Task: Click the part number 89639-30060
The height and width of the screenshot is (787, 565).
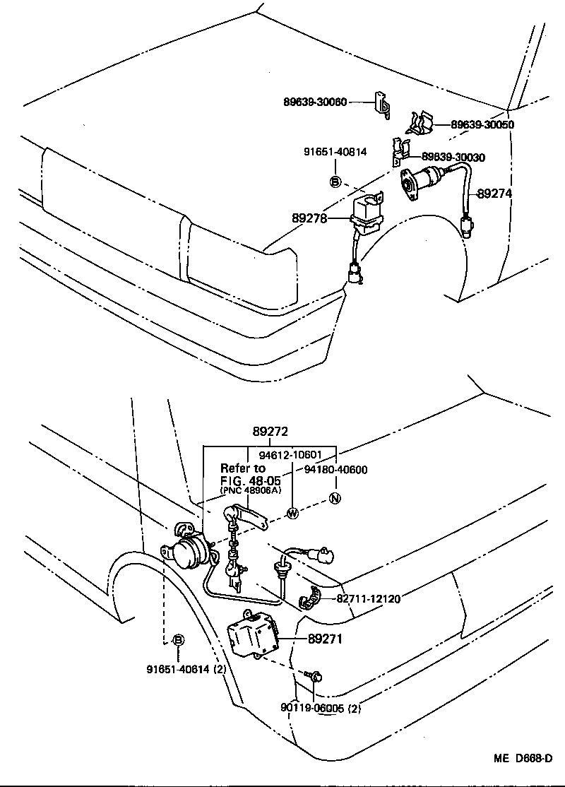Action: pos(315,102)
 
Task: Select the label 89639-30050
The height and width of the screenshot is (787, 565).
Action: pos(482,124)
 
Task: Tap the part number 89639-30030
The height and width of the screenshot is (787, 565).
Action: pos(453,157)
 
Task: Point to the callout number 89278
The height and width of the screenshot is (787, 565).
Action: pos(309,219)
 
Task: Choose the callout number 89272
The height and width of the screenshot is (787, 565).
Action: pos(270,432)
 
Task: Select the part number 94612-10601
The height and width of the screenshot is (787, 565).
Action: pos(290,455)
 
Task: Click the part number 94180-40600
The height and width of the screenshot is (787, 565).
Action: pos(335,469)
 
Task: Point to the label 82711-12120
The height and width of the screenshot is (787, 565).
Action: pos(368,598)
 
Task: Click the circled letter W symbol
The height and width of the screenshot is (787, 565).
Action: pos(291,514)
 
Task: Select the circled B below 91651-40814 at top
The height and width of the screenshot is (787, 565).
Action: pos(335,182)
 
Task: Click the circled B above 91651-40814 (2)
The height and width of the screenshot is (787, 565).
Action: pos(179,640)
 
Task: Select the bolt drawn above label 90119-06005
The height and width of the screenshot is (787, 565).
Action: pos(314,677)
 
